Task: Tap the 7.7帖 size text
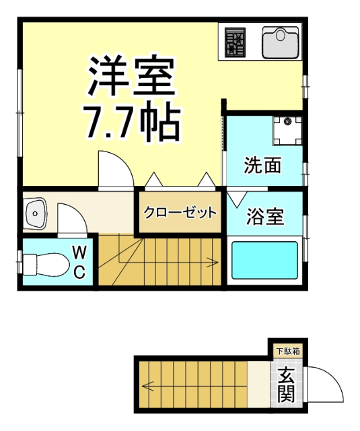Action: (132, 121)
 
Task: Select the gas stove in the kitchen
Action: (236, 42)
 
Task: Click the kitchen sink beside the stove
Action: (279, 42)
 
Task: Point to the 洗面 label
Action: (262, 166)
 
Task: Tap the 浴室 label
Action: (264, 217)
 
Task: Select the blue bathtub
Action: (264, 259)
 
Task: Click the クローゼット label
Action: (180, 213)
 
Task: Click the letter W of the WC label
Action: (79, 253)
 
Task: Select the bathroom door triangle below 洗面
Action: (236, 199)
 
